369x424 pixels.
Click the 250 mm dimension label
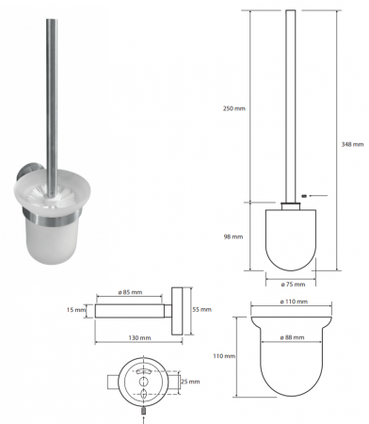234,108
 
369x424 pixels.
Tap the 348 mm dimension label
352,144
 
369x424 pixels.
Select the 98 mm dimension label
233,236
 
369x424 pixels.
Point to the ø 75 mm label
293,285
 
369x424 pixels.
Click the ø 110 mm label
294,302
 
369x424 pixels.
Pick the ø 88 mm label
292,337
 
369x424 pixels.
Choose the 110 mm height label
224,356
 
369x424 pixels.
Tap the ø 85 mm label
130,292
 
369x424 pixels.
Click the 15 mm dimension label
76,310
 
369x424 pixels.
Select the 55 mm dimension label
201,309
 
